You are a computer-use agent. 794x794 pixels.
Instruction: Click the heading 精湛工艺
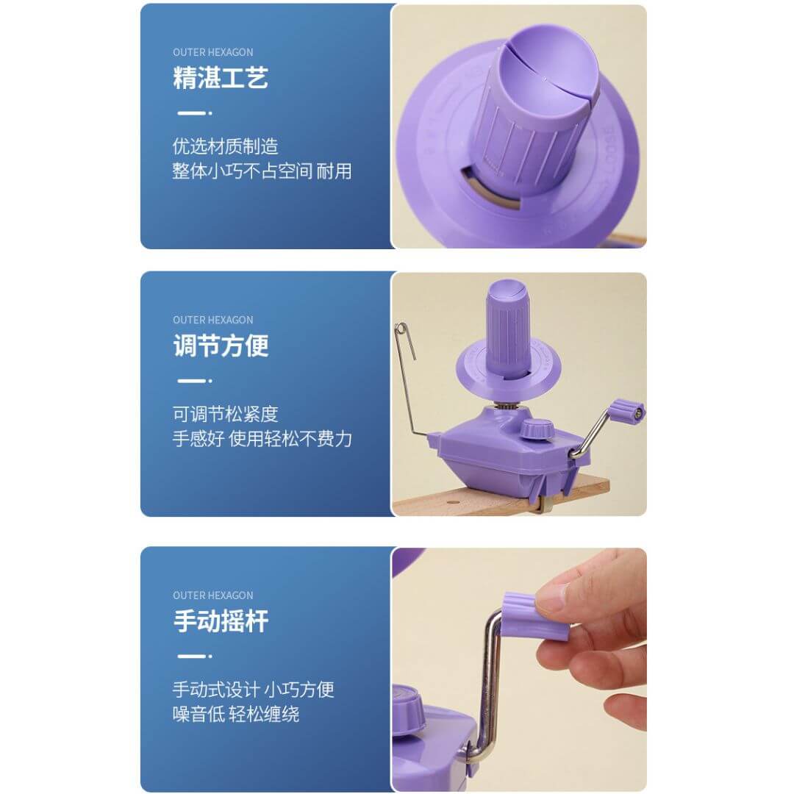[221, 78]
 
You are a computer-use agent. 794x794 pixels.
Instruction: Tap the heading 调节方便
[221, 346]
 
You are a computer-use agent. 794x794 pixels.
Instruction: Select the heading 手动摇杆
[221, 621]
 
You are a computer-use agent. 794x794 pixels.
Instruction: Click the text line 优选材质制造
[226, 146]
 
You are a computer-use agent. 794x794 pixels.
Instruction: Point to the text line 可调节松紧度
[226, 414]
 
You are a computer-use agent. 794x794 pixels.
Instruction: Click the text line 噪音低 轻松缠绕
[236, 714]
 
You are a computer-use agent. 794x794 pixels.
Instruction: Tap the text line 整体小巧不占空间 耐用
[262, 171]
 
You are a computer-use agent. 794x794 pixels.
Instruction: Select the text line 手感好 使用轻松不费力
[262, 438]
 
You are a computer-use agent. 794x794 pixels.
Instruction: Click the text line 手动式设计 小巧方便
[253, 690]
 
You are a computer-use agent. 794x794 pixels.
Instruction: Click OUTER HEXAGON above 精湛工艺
[212, 52]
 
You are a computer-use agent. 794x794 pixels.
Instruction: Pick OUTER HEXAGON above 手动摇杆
[212, 595]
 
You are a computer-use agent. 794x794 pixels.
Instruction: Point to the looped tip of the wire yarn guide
[401, 329]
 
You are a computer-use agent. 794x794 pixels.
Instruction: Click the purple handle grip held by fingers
[536, 616]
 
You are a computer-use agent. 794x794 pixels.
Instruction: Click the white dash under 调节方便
[191, 381]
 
